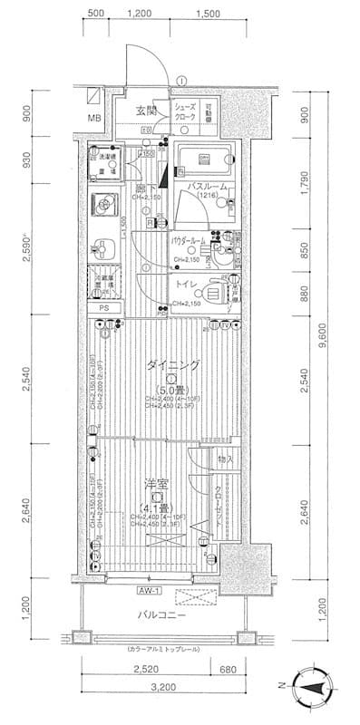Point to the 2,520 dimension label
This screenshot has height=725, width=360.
point(145,672)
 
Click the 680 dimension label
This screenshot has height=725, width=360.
point(232,672)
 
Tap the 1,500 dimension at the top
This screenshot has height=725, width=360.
point(209,14)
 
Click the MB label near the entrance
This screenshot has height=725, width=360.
point(94,118)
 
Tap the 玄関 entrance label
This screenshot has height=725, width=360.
point(146,111)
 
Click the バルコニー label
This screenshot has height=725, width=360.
point(158,614)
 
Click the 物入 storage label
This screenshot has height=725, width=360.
point(226,459)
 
